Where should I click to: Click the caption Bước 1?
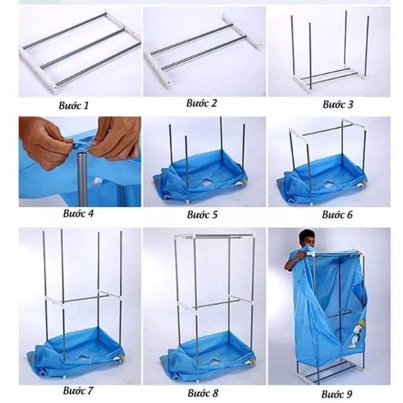74,106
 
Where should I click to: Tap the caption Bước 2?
202,103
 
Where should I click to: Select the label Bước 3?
338,105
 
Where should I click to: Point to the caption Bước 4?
78,213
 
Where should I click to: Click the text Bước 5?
202,214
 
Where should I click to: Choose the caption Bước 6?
337,214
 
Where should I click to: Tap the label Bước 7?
78,391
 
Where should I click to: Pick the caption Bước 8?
203,393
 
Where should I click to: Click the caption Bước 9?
337,394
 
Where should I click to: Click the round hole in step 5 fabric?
207,182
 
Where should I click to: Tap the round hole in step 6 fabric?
329,184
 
